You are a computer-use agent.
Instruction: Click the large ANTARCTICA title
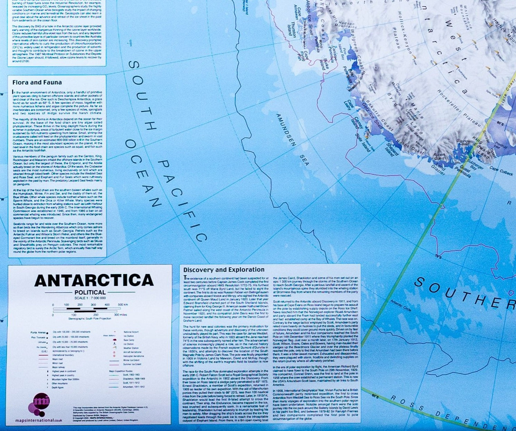94,280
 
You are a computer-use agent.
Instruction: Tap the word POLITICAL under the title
90,292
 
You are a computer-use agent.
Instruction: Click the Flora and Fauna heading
37,83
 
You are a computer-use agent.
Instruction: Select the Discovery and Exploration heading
224,270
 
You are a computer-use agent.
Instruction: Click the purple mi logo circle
41,402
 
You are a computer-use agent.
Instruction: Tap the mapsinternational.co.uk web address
39,420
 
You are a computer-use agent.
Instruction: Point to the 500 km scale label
123,305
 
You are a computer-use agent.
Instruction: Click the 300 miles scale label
121,315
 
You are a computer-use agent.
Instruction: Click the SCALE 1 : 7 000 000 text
90,298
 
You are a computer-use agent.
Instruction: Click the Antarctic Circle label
401,305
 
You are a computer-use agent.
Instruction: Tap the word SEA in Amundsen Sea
304,160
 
